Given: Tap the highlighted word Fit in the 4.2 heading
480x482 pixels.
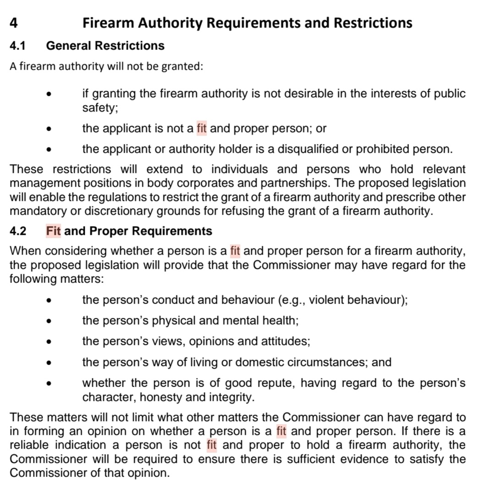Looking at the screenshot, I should (54, 231).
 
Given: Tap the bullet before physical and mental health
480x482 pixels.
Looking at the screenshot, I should (49, 321).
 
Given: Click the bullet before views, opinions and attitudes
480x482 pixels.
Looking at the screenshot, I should (49, 342).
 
